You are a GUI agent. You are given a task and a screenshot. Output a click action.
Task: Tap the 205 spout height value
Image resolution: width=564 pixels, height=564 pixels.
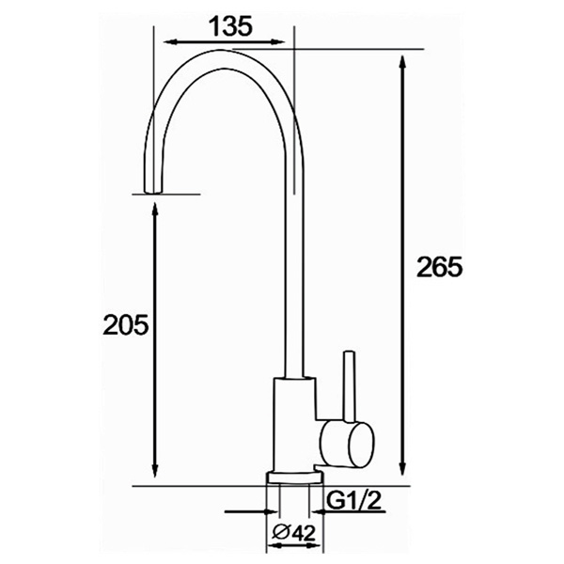[x=126, y=325]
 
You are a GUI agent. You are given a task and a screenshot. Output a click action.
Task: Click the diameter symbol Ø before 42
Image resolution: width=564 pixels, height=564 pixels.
[x=275, y=533]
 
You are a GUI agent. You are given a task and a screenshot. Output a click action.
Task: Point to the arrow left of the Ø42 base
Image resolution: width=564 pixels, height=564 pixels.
[x=255, y=512]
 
